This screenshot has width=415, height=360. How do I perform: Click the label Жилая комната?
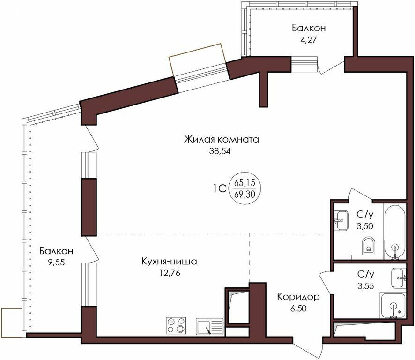pos(221,139)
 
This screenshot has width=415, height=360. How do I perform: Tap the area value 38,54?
pos(220,151)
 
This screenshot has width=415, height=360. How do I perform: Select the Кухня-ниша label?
pos(170,262)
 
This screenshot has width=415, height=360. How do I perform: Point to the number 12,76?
pos(170,273)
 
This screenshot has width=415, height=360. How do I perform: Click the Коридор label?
pos(298,297)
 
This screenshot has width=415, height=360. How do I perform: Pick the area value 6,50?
pos(298,308)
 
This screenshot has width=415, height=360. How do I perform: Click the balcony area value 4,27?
pos(309,40)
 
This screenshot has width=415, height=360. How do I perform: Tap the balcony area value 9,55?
pos(56,262)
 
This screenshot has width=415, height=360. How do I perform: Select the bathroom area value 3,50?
pos(365,226)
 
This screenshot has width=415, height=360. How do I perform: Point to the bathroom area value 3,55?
pos(365,286)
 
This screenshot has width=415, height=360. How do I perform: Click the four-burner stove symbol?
pos(176,326)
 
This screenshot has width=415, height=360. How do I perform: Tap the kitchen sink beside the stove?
pos(210,326)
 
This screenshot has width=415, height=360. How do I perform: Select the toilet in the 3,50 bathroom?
pos(368,245)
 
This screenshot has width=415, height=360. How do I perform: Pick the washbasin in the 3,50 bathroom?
pos(341,220)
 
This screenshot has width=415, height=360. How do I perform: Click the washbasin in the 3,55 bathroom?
pos(399,278)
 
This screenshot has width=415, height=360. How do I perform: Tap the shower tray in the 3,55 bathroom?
pos(393,306)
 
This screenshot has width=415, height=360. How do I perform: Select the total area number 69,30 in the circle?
pos(245,195)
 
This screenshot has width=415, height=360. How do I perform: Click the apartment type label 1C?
pos(219,189)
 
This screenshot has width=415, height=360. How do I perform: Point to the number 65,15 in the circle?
pos(245,182)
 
